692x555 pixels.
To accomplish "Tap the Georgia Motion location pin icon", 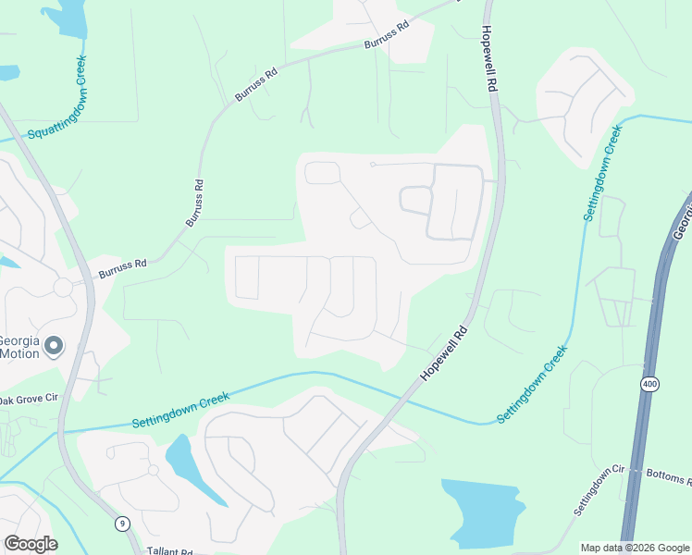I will [54, 347].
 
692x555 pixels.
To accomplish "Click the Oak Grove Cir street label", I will [29, 401].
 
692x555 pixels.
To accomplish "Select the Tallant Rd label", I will [169, 550].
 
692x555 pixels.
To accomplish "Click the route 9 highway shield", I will [123, 523].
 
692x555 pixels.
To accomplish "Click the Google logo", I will [31, 543].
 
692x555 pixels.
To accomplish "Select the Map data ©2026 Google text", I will [635, 548].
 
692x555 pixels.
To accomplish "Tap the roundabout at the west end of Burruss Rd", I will [64, 287].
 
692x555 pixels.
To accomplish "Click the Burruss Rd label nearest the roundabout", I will [122, 269].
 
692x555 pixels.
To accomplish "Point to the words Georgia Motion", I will [19, 346].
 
